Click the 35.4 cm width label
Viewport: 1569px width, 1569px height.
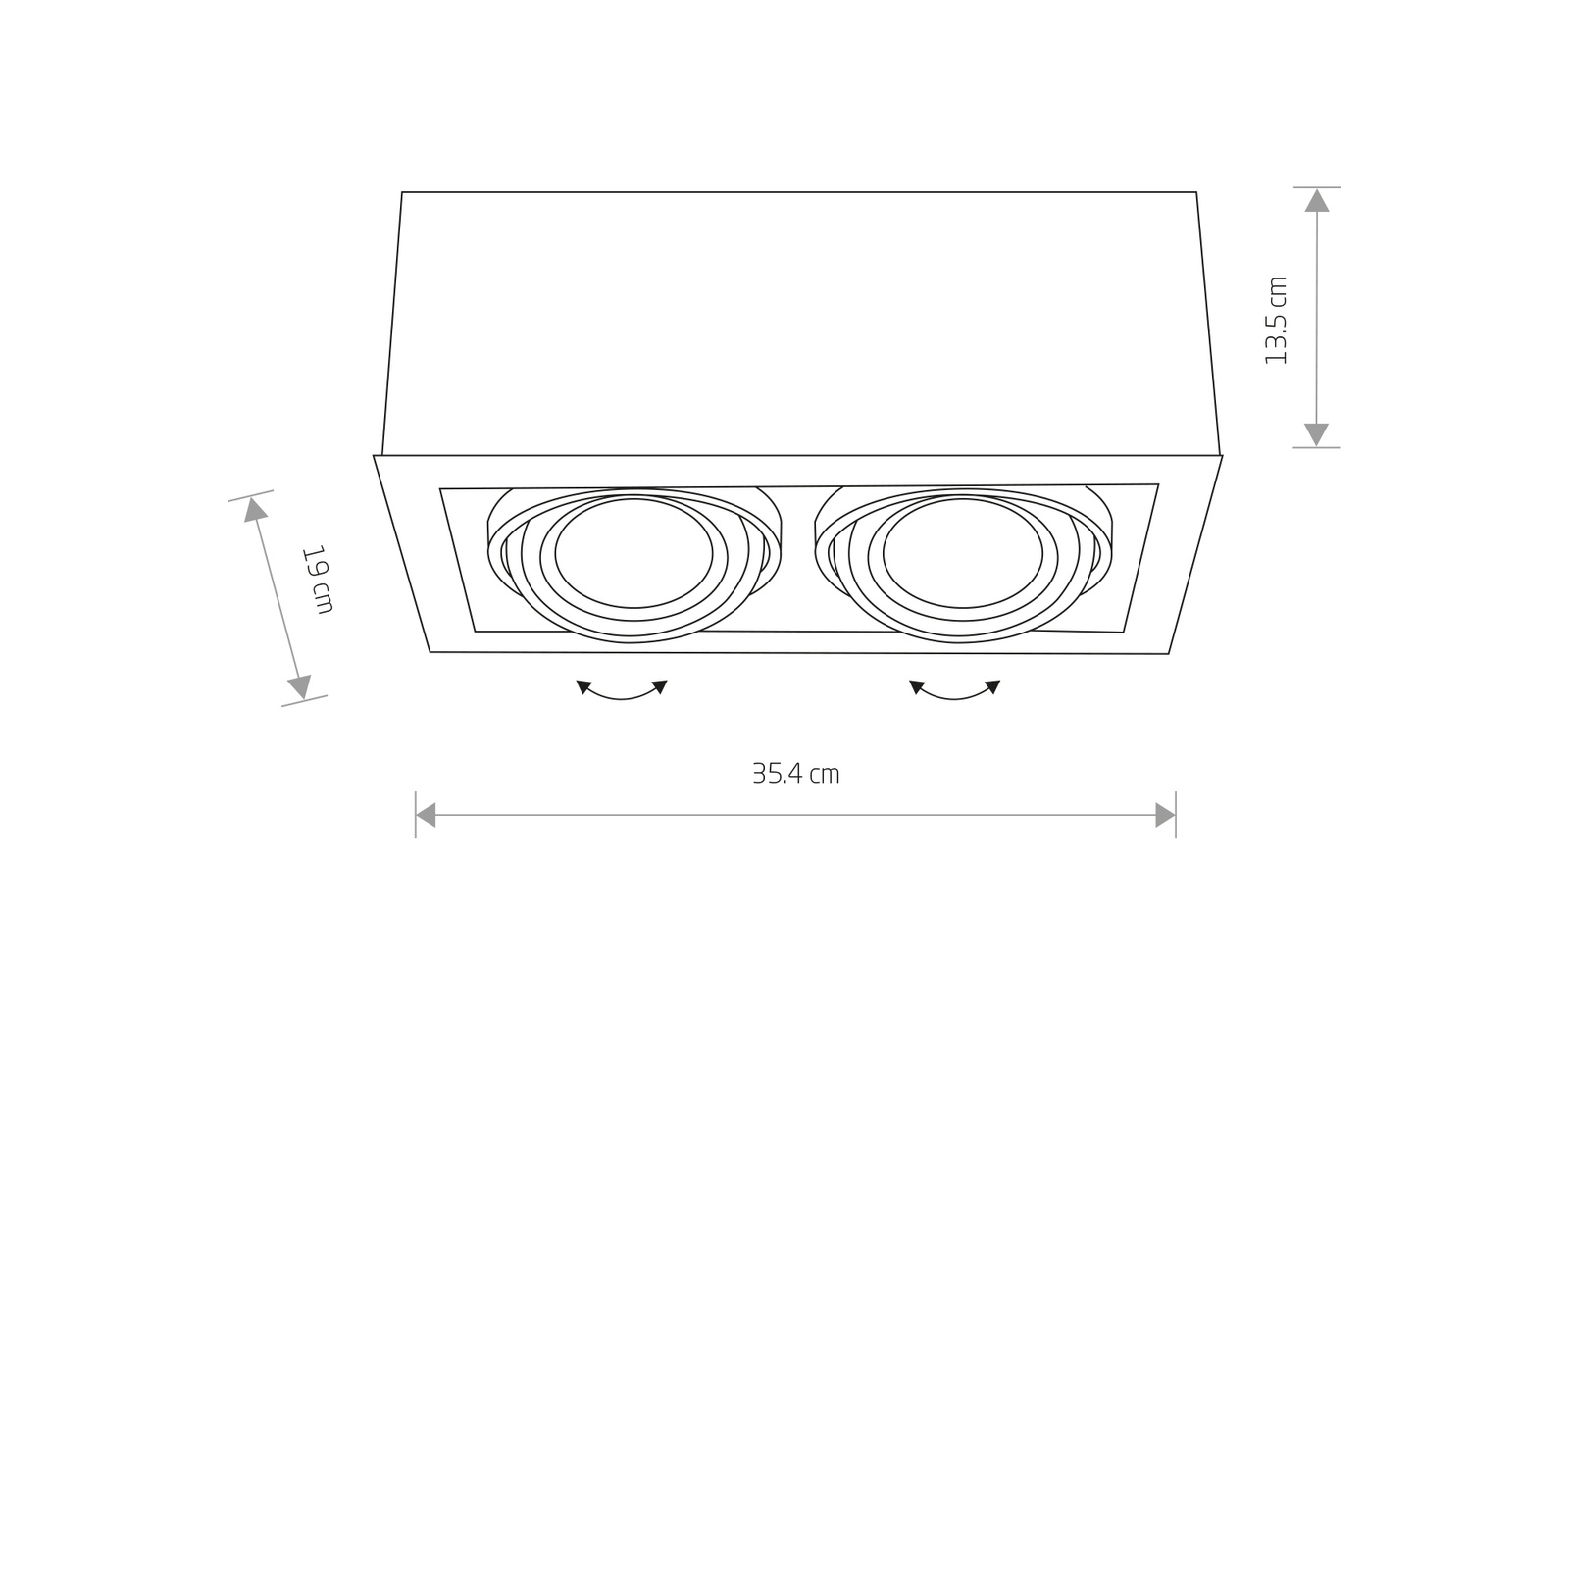[795, 774]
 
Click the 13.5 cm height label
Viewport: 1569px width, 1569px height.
[1276, 321]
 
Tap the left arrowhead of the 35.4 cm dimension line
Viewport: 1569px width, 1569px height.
[426, 815]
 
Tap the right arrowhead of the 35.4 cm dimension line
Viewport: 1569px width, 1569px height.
[1165, 815]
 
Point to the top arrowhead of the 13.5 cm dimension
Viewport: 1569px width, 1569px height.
[1317, 200]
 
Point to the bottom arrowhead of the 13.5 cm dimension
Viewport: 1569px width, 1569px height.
[1317, 434]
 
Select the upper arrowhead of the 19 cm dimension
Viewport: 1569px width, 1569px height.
[256, 509]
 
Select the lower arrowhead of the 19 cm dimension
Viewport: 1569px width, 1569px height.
[300, 686]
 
